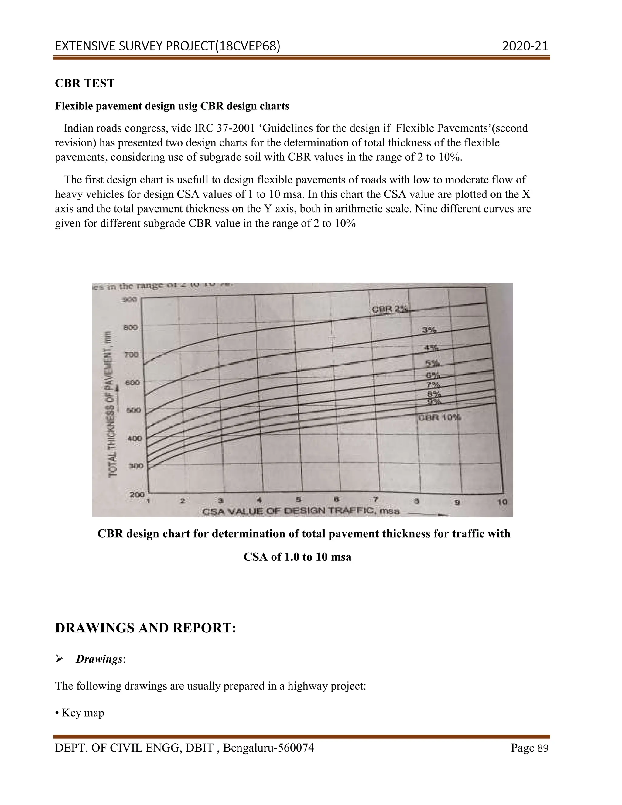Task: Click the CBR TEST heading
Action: pos(85,83)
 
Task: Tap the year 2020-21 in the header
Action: pos(525,46)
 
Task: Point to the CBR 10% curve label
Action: pos(439,417)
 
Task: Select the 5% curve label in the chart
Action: pos(432,363)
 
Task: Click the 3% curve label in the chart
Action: pos(429,330)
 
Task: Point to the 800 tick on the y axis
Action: pos(132,327)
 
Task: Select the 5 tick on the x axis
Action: pos(299,500)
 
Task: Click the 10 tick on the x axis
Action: pos(503,502)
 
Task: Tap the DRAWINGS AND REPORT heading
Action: pos(145,628)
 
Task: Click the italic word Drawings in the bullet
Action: pos(99,659)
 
